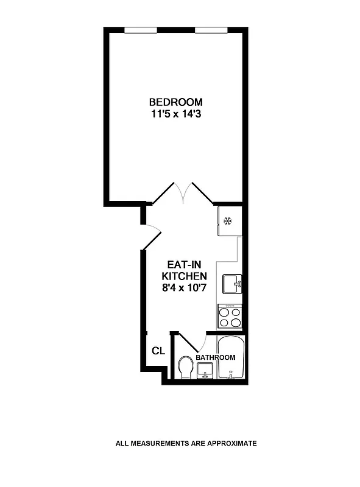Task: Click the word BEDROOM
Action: tap(176, 102)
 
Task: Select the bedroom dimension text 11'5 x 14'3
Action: tap(176, 113)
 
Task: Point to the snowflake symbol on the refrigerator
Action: tap(228, 220)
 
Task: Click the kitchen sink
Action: tap(231, 283)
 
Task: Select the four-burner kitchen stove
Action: tap(230, 317)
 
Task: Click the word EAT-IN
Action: tap(183, 265)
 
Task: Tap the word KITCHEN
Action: tap(183, 276)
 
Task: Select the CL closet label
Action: tap(158, 351)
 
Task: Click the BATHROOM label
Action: tap(216, 357)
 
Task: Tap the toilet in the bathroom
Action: tap(186, 368)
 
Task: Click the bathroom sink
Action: tap(205, 370)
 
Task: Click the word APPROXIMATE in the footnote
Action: tap(231, 443)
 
